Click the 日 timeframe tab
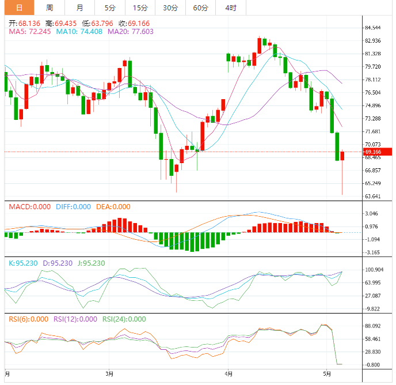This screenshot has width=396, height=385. tap(19, 7)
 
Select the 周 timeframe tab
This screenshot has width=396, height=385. tap(49, 7)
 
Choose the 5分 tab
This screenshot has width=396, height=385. tap(109, 7)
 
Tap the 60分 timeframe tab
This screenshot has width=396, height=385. tap(200, 7)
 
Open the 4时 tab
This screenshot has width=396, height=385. tap(231, 7)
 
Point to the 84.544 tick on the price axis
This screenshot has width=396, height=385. tap(372, 28)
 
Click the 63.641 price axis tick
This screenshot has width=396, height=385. tap(372, 196)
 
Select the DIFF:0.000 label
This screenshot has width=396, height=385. tap(73, 206)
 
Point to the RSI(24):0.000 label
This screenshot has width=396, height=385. tap(124, 319)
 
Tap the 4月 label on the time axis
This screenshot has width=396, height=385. tap(229, 374)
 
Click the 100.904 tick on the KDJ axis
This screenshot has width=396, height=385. tap(374, 270)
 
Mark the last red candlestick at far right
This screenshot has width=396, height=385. tap(342, 156)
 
